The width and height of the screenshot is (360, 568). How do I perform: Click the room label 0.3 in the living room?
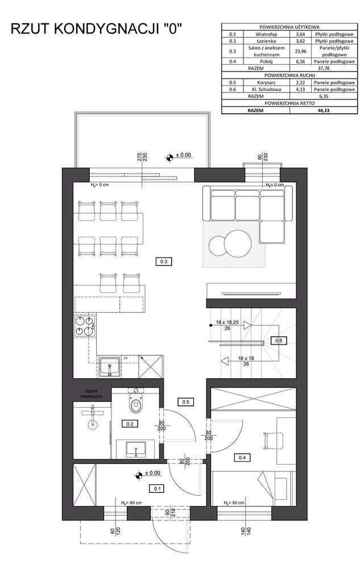[163, 262]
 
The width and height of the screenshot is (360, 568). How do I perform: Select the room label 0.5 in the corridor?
[185, 402]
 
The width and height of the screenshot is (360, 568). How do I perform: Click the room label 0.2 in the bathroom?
[129, 424]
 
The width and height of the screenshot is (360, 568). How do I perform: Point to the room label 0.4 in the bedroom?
[242, 457]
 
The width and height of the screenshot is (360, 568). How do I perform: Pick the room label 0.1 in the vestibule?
[156, 488]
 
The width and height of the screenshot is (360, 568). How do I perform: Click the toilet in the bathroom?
[136, 404]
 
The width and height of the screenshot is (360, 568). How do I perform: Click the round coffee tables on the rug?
[230, 244]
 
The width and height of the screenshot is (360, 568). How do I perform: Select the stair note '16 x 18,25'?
[227, 323]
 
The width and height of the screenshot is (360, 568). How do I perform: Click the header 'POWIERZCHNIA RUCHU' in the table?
[289, 75]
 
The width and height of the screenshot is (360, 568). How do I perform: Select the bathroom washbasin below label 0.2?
[136, 449]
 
